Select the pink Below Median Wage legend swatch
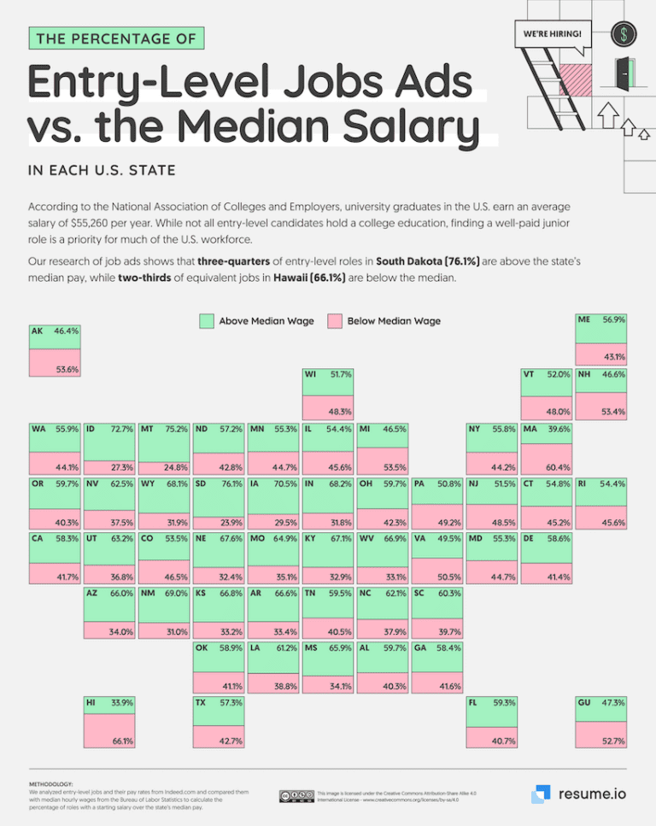(x=336, y=321)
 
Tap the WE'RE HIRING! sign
(x=552, y=34)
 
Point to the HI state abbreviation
(x=91, y=703)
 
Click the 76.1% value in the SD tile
(x=230, y=483)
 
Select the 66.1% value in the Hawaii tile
(x=121, y=741)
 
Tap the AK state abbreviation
(x=37, y=330)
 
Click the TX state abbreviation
(x=202, y=703)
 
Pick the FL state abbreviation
(x=472, y=703)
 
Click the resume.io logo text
(x=591, y=794)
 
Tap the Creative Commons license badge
(x=294, y=796)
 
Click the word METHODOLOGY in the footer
(x=50, y=782)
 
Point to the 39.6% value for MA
(x=558, y=429)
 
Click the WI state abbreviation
(x=311, y=374)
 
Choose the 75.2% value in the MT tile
(x=176, y=429)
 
